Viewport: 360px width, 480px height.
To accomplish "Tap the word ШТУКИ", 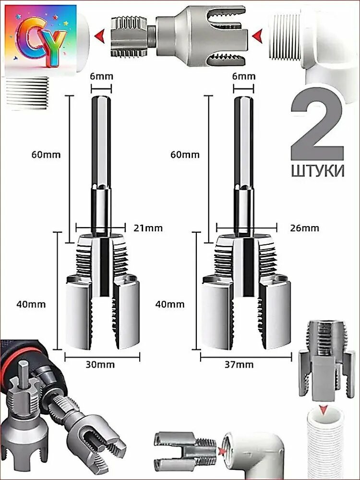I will [317, 171].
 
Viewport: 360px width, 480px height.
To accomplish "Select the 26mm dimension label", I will [304, 228].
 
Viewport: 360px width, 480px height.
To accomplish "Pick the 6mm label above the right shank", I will [243, 76].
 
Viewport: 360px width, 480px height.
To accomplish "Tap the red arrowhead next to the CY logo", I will [100, 35].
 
